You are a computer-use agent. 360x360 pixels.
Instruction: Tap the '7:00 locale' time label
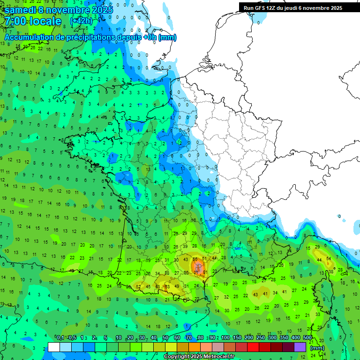coord(33,21)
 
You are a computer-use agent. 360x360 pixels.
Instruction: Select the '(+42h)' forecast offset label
coord(81,21)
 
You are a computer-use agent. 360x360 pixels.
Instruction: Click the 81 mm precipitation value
coord(205,272)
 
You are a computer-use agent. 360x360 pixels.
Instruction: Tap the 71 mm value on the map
coord(196,272)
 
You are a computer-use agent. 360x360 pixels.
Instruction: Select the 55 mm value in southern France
coord(195,259)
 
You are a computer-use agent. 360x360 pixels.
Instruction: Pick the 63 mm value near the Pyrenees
coord(167,286)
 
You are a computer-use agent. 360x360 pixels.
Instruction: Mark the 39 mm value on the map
coord(185,246)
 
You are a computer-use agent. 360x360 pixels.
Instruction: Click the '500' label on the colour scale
coord(307,338)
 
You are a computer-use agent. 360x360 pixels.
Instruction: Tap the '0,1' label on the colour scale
coord(60,338)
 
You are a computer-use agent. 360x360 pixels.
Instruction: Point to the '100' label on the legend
coord(225,338)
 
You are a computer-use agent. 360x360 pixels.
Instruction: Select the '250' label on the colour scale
coord(261,338)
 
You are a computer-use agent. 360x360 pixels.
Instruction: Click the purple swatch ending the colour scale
coord(300,347)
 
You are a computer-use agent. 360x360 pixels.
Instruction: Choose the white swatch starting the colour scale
coord(54,347)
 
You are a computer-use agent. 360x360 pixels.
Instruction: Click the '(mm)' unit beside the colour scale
coord(317,348)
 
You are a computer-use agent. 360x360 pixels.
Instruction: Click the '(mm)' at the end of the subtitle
coord(167,37)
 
